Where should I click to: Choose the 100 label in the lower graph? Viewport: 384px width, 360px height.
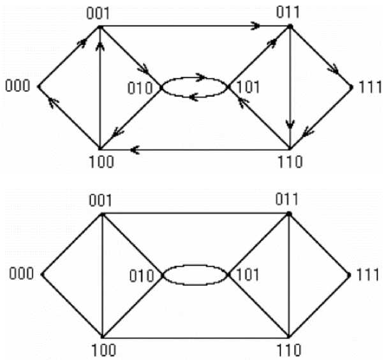pyautogui.click(x=102, y=350)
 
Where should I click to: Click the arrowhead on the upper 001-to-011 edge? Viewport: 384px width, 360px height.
pyautogui.click(x=256, y=26)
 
